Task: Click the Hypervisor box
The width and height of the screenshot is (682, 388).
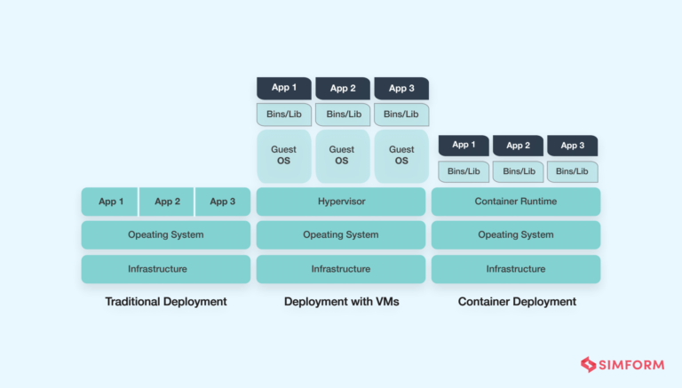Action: click(341, 202)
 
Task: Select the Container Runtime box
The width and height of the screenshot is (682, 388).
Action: click(515, 202)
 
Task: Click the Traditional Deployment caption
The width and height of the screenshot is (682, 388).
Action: click(166, 302)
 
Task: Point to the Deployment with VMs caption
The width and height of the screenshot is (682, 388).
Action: click(341, 302)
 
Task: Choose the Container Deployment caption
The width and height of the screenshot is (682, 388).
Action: click(516, 302)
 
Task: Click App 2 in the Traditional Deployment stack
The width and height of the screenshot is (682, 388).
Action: click(167, 202)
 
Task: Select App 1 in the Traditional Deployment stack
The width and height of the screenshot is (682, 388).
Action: click(110, 202)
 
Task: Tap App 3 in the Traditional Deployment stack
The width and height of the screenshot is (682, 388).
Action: click(222, 202)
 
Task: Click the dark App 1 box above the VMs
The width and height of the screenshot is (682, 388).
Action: click(284, 88)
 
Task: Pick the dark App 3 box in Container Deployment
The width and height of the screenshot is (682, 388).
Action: click(572, 146)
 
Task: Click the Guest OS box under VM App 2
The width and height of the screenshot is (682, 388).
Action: click(342, 155)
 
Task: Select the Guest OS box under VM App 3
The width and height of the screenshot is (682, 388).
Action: click(401, 155)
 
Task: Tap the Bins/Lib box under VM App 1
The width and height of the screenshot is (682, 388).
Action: click(284, 115)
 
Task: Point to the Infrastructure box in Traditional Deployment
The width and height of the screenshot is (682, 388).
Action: click(166, 269)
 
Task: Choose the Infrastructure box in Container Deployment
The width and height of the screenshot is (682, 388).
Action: click(515, 269)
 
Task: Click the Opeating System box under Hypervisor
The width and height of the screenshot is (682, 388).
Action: click(341, 235)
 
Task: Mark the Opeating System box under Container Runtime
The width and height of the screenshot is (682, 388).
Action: click(515, 235)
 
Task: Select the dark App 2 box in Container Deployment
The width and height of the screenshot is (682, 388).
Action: click(518, 146)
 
